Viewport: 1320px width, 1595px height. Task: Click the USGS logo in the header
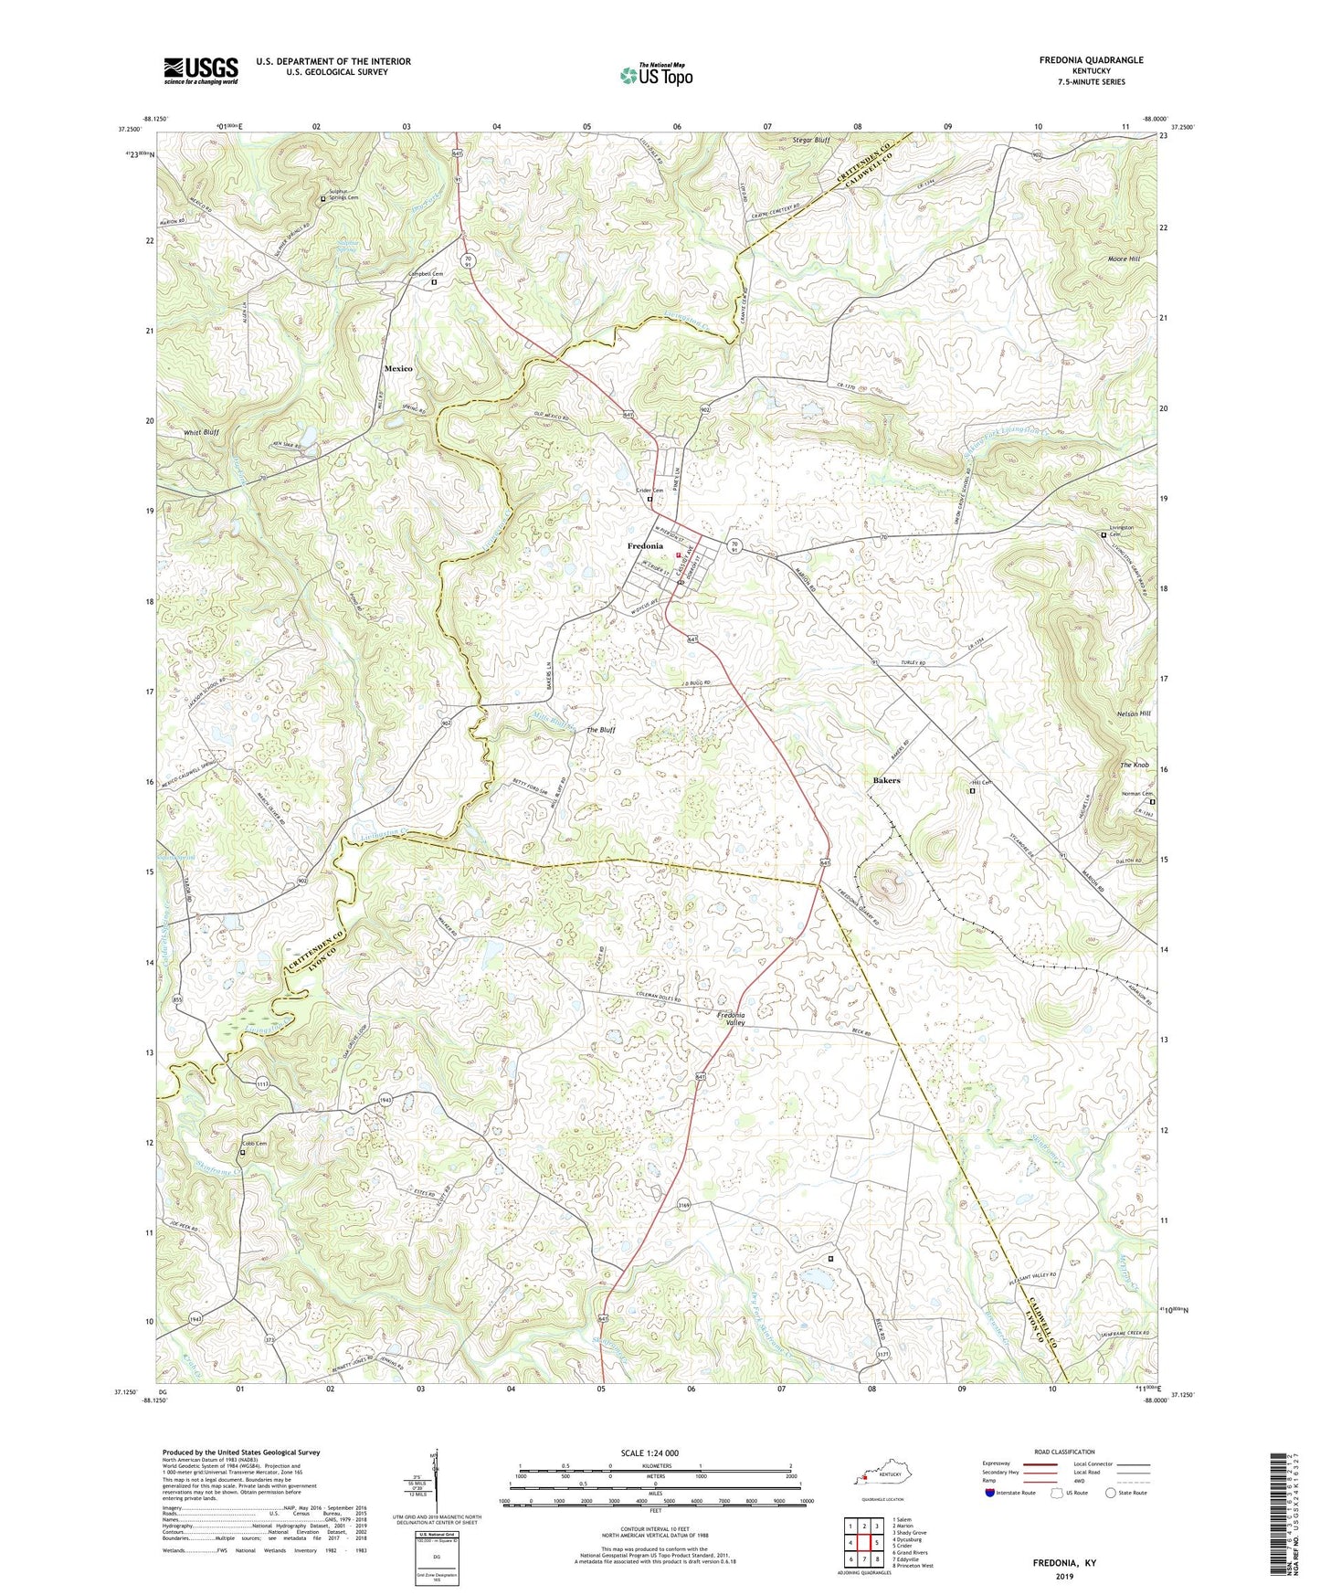tap(201, 69)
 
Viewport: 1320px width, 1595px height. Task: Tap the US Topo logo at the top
tap(656, 75)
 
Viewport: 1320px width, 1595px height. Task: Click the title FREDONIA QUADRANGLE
tap(1091, 60)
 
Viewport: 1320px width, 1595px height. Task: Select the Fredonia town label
tap(645, 546)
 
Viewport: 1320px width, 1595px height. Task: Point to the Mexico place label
tap(397, 368)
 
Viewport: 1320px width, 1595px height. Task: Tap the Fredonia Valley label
tap(731, 1019)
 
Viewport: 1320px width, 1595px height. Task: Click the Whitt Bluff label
tap(201, 432)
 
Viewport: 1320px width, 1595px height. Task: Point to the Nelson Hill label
tap(1134, 713)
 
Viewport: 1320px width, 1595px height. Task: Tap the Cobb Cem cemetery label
tap(254, 1144)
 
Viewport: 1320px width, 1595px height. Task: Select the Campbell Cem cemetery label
tap(425, 274)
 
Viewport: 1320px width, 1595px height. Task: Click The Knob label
tap(1135, 765)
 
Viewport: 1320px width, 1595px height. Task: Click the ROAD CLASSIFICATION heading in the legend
tap(1065, 1452)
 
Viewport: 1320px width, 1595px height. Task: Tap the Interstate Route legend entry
tap(1016, 1493)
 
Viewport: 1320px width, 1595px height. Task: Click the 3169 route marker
tap(684, 1206)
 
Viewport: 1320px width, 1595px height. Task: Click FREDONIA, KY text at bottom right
tap(1064, 1563)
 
